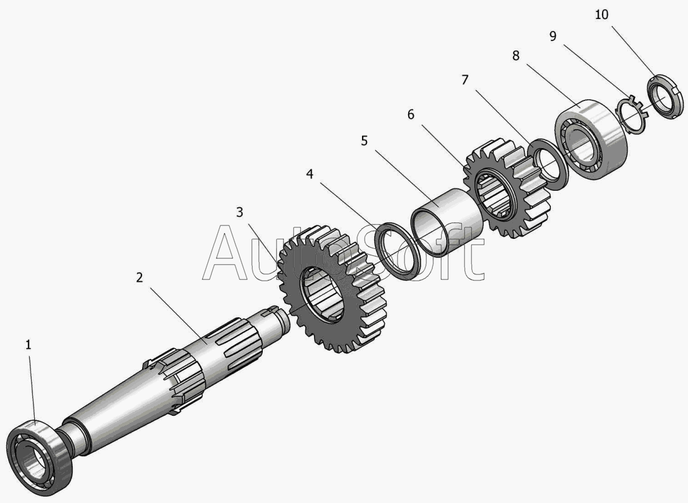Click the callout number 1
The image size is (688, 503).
click(28, 345)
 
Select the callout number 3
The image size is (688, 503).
click(239, 212)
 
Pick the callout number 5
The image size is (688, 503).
click(364, 140)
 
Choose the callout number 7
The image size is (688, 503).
click(465, 80)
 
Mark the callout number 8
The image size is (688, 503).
click(516, 56)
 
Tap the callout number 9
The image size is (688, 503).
click(553, 36)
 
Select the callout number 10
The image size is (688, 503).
click(601, 15)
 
